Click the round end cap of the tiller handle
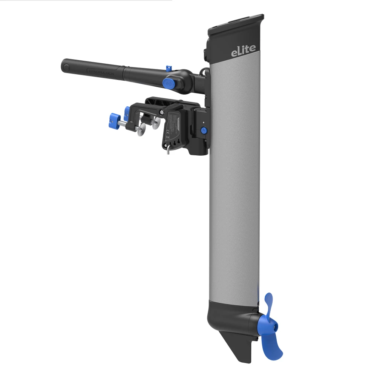pyautogui.click(x=67, y=67)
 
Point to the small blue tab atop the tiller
pyautogui.click(x=167, y=68)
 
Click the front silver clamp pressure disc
pyautogui.click(x=141, y=130)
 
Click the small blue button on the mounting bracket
pyautogui.click(x=204, y=131)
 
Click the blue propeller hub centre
pyautogui.click(x=264, y=324)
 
